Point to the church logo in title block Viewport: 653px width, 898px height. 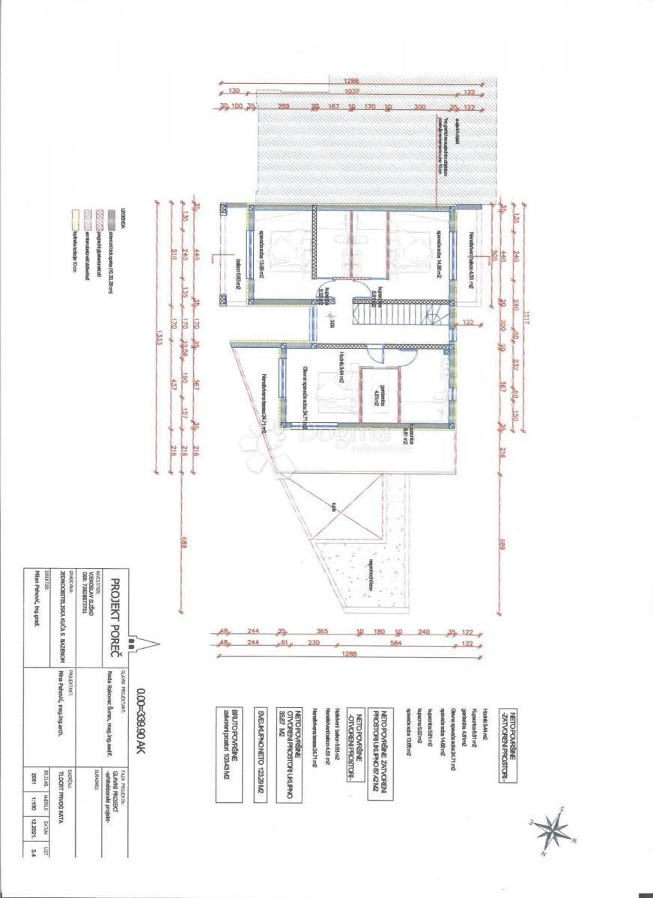click(132, 641)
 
